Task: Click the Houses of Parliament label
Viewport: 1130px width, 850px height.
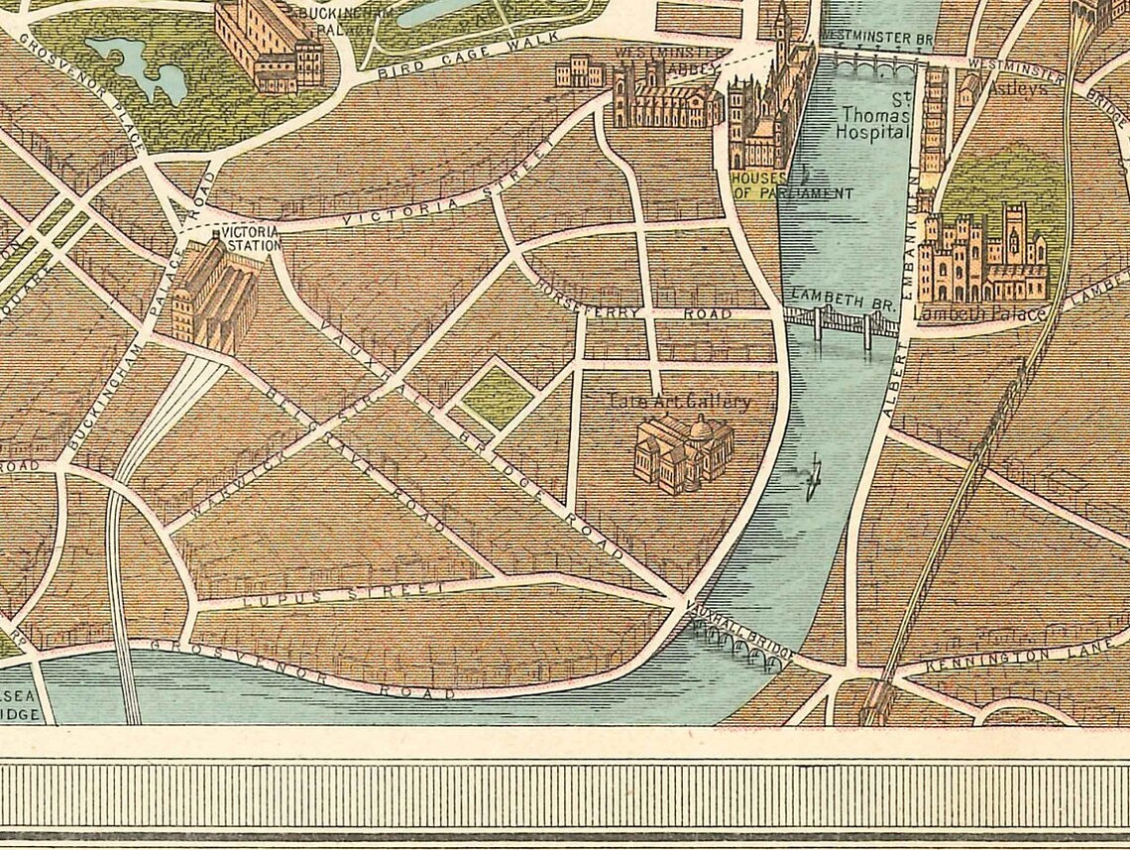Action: click(x=790, y=185)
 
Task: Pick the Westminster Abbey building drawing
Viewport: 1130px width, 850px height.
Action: click(x=666, y=97)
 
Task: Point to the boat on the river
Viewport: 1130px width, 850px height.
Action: click(x=814, y=478)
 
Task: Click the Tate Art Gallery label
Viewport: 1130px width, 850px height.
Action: click(x=680, y=402)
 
